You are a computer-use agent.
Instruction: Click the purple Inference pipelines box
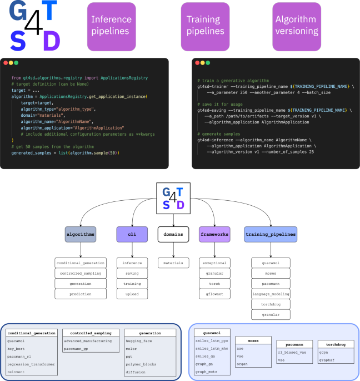(x=111, y=26)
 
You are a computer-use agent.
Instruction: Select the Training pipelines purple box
(x=205, y=26)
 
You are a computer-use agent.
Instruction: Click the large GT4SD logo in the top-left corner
(x=34, y=26)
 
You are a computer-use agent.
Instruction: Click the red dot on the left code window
(x=6, y=63)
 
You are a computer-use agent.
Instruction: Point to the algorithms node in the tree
(x=81, y=235)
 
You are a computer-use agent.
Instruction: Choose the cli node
(x=132, y=235)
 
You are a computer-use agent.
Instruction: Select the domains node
(x=172, y=235)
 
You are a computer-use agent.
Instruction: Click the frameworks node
(x=214, y=235)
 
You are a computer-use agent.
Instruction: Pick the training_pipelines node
(x=270, y=235)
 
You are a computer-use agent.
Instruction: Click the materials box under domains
(x=172, y=263)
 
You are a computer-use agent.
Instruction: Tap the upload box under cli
(x=132, y=294)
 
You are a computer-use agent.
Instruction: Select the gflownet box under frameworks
(x=214, y=294)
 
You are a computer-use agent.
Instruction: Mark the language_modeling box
(x=270, y=294)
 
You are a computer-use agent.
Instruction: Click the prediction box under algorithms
(x=81, y=294)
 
